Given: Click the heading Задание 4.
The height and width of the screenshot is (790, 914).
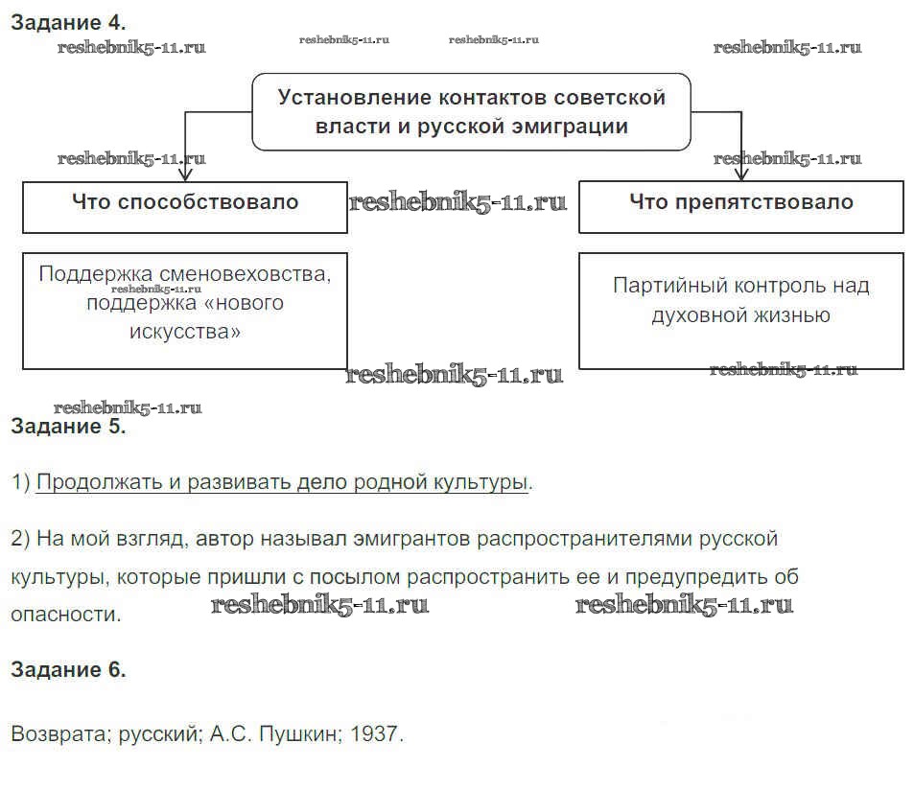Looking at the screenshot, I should click(67, 21).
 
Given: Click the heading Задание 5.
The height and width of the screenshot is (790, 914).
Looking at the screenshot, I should click(67, 427).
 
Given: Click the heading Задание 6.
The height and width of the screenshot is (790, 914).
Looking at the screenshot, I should click(67, 670).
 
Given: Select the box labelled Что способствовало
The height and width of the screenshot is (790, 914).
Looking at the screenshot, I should click(185, 204).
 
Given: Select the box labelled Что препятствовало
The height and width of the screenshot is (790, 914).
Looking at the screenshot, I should click(740, 204).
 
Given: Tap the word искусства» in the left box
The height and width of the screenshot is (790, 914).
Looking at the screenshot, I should click(185, 332).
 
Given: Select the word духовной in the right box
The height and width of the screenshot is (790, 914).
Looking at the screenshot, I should click(697, 315).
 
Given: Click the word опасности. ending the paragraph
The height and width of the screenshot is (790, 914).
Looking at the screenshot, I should click(66, 615).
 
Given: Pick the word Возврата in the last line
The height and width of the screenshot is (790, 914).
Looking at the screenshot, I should click(58, 735).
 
